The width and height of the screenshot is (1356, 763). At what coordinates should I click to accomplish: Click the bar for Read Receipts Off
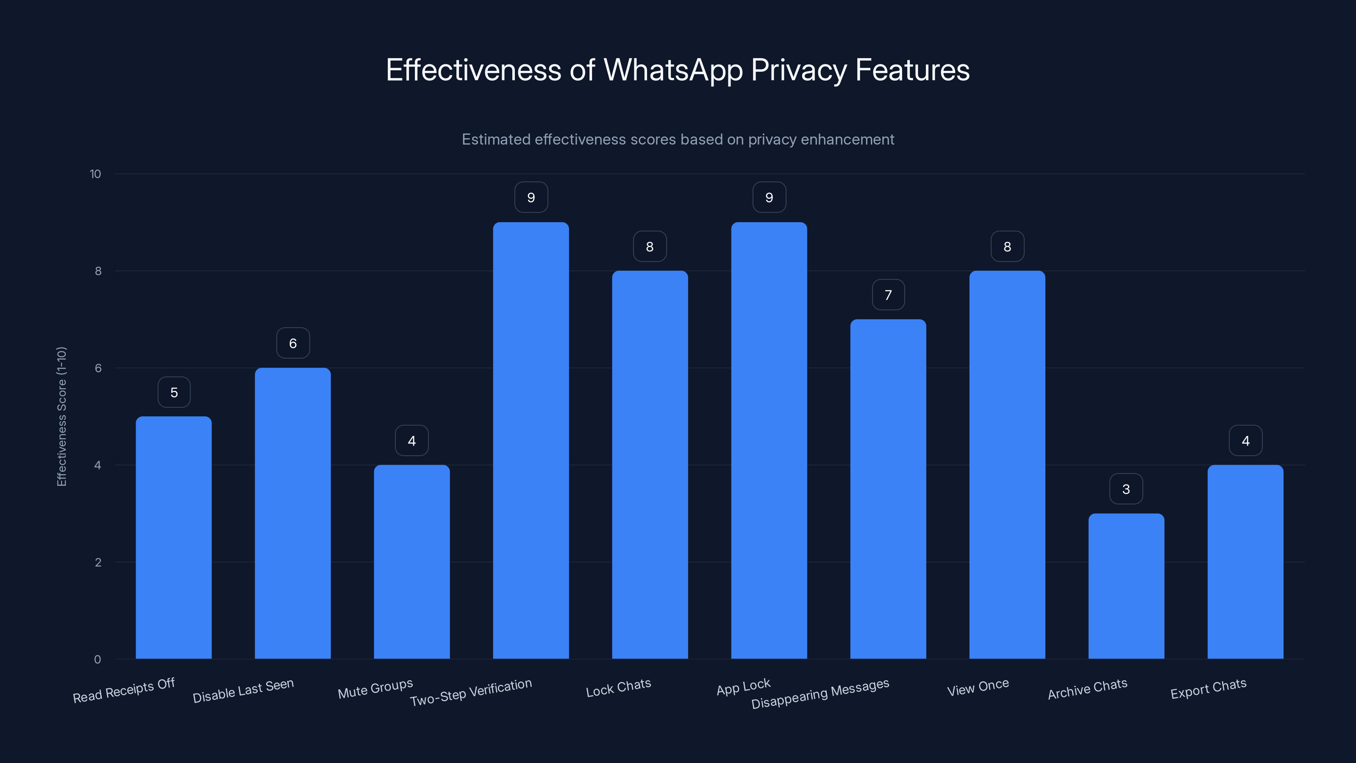coord(174,537)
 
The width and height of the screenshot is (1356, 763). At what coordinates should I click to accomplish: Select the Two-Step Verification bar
coord(531,440)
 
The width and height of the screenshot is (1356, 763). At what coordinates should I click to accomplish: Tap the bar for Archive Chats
coord(1126,585)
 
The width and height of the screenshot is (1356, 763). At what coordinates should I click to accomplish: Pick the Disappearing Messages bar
coord(888,489)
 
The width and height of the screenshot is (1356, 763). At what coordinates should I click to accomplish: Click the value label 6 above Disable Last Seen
coord(293,343)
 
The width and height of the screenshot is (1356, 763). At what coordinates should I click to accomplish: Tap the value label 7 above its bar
coord(888,295)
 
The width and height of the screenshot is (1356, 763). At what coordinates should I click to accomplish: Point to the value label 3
coord(1126,489)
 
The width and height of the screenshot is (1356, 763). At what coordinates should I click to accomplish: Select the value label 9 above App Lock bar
coord(769,198)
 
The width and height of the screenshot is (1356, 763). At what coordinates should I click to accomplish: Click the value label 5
coord(174,392)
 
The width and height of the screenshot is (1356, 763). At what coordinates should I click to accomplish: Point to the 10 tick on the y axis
coord(95,174)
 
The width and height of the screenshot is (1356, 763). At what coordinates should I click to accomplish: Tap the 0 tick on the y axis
coord(97,659)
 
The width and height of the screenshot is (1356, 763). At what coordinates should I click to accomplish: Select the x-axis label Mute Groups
coord(375,689)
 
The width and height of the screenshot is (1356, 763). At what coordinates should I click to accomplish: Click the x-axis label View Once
coord(978,688)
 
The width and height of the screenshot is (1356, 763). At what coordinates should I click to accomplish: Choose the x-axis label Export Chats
coord(1208,689)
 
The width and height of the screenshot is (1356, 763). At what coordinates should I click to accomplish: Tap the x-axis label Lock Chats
coord(619,688)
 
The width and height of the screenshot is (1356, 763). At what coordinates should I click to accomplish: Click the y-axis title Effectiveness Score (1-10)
coord(61,416)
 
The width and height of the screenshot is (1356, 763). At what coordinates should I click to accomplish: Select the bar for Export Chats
coord(1245,561)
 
